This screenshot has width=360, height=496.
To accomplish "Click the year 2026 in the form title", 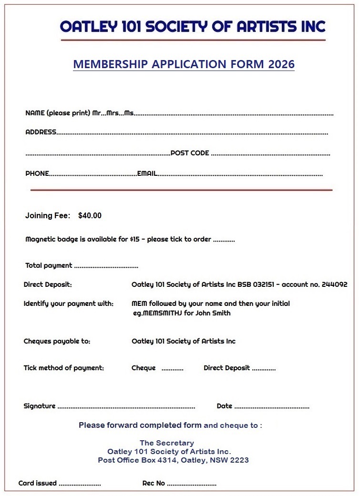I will coord(281,64).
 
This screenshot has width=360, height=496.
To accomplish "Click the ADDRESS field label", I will coord(41,132).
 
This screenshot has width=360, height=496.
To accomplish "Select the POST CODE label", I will coord(190,153).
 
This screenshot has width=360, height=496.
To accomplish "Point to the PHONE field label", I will coord(37,174).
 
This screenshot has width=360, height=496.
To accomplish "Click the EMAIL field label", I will coord(147,174).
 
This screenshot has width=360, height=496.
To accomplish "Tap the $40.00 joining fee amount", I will coord(90,216).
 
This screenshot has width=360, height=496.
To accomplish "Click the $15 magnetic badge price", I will coord(134,240).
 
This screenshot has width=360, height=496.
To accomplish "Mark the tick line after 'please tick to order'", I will coord(224,240).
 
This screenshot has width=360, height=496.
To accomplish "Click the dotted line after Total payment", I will coord(106,266).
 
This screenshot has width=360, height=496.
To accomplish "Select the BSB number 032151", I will coord(261,285).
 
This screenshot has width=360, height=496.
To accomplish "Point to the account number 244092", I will coord(334,285).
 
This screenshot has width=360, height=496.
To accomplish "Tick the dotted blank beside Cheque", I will coord(172,369).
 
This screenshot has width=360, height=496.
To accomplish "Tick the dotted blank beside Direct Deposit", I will coord(264,369).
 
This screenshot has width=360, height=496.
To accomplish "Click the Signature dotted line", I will coord(126,407).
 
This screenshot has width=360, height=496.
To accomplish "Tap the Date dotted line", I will coord(272,407).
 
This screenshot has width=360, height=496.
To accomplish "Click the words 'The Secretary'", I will coord(167,443).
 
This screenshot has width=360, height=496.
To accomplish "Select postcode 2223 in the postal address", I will coord(240,460).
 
